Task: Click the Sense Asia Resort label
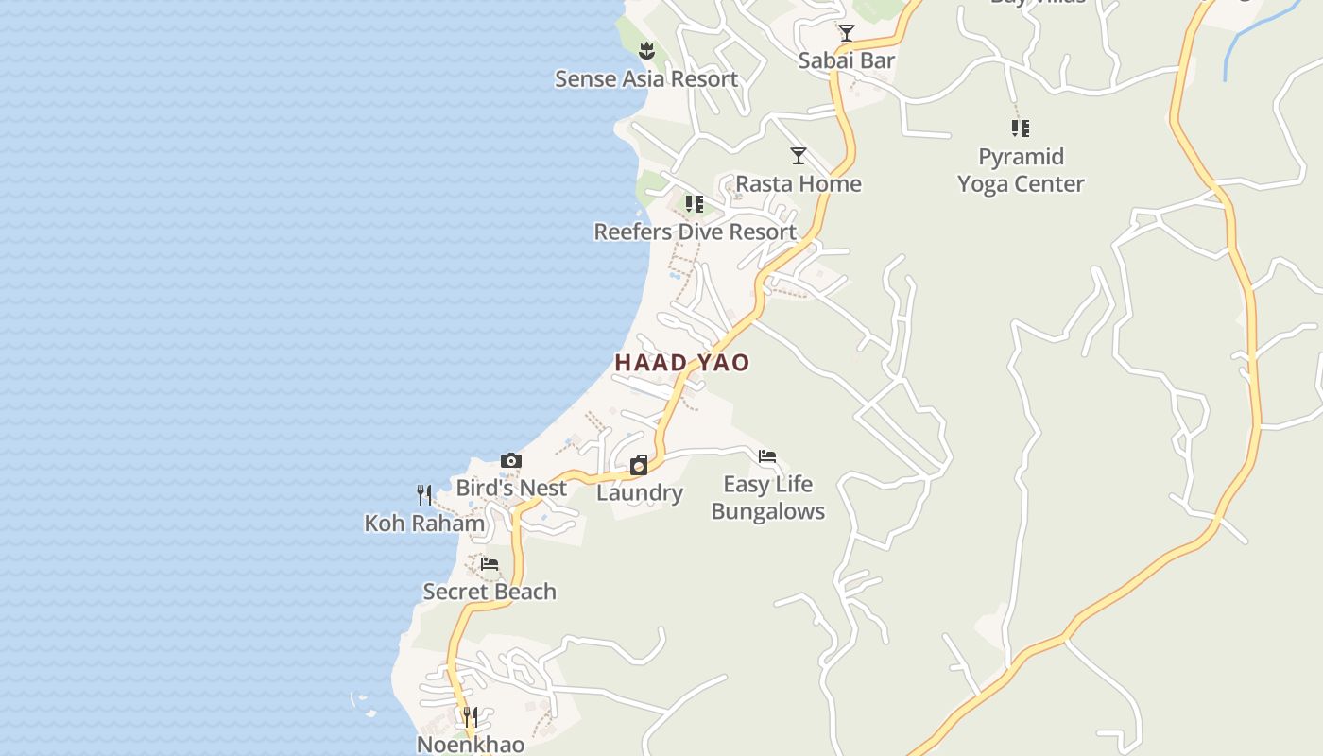tap(645, 79)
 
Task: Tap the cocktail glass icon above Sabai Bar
tap(847, 33)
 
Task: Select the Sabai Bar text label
tap(847, 60)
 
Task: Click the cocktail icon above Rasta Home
tap(799, 156)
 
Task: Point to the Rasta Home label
tap(799, 183)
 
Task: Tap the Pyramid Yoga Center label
tap(1021, 170)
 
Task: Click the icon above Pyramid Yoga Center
tap(1021, 128)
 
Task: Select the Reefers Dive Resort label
tap(695, 232)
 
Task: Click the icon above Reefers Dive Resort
tap(695, 204)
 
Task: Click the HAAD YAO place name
tap(682, 363)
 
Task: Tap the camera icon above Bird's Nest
tap(511, 461)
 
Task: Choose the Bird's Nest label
tap(511, 489)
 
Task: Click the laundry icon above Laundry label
tap(639, 465)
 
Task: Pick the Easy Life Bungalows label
tap(767, 498)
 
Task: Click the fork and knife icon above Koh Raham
tap(424, 495)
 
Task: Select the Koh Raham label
tap(424, 524)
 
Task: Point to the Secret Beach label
tap(490, 592)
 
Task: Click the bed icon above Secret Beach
tap(490, 564)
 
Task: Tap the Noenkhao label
tap(471, 744)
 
